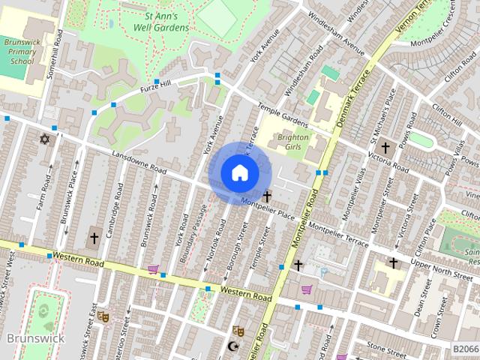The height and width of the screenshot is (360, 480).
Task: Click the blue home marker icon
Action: (239, 172)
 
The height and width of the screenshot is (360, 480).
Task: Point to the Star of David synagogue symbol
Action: (44, 139)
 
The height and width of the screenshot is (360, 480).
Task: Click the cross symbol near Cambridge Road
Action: (94, 238)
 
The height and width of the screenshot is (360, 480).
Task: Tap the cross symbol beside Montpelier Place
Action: (266, 196)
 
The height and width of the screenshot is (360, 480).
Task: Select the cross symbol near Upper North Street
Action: (393, 262)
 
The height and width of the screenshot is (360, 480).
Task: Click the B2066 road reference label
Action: (465, 349)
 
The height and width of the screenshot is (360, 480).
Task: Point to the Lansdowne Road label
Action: (139, 160)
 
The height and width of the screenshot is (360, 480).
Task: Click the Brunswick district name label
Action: (35, 338)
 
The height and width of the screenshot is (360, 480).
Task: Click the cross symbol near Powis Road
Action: (385, 148)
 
